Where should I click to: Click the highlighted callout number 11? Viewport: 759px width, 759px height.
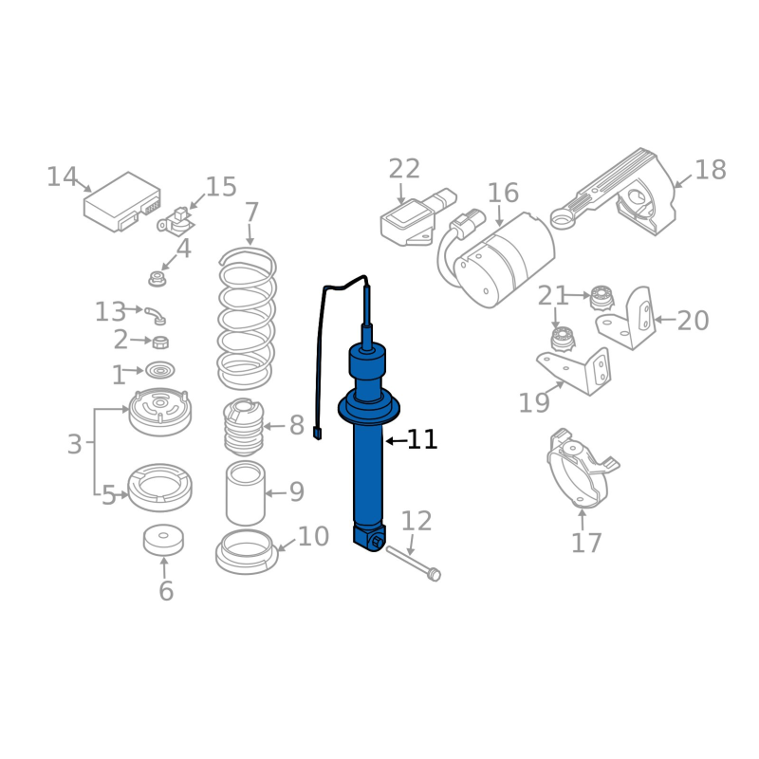tap(422, 439)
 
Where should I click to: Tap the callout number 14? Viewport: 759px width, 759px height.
tap(62, 176)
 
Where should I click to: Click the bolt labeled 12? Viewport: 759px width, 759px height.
tap(414, 563)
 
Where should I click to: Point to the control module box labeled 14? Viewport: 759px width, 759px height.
tap(122, 201)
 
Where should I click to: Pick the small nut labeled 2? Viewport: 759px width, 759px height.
tap(160, 342)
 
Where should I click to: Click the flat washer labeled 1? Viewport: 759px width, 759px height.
tap(159, 370)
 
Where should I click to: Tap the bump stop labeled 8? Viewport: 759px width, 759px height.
tap(244, 427)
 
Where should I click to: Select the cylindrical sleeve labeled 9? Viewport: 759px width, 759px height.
tap(246, 493)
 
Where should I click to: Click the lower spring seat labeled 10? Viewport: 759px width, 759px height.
tap(247, 552)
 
